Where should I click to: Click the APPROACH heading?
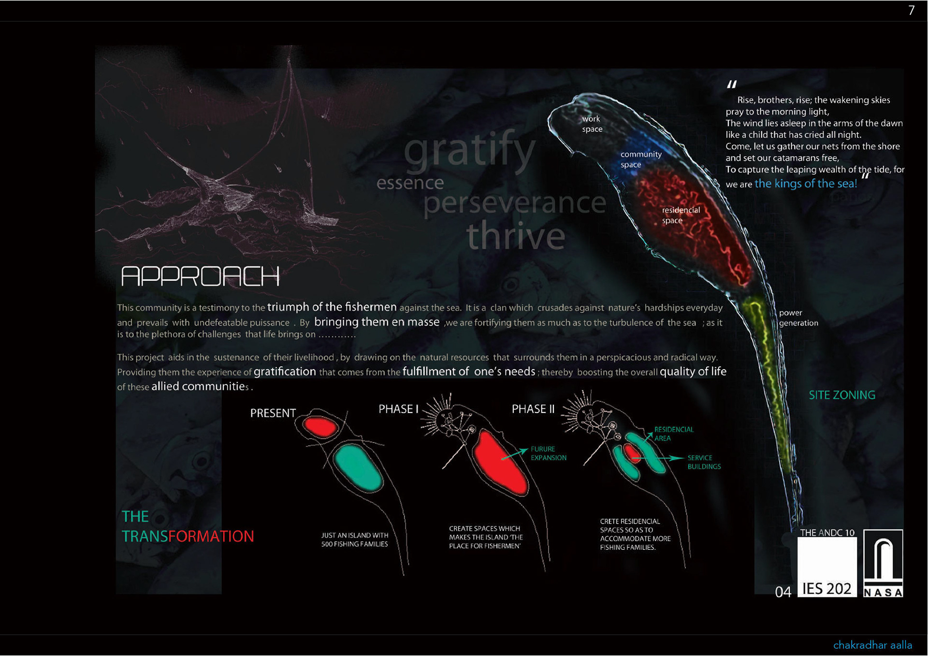coord(200,276)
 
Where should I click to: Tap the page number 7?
coord(911,11)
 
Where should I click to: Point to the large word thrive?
coord(516,236)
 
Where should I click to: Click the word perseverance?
coord(514,203)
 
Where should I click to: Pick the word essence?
coord(410,183)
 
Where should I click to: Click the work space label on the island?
coord(592,124)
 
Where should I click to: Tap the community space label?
coord(640,159)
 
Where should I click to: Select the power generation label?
coord(798,318)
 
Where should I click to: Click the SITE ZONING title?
coord(842,395)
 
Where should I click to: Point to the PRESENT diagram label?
coord(273,414)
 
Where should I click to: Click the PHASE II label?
coord(533,409)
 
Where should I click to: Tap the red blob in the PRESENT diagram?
coord(320,427)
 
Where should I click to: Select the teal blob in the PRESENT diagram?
coord(358,468)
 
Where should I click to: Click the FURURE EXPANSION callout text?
coord(548,454)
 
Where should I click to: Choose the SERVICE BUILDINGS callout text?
coord(704,462)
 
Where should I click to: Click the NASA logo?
coord(883,563)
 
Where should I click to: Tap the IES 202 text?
coord(826,589)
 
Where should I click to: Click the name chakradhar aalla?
coord(872,645)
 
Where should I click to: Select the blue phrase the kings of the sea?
coord(805,184)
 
